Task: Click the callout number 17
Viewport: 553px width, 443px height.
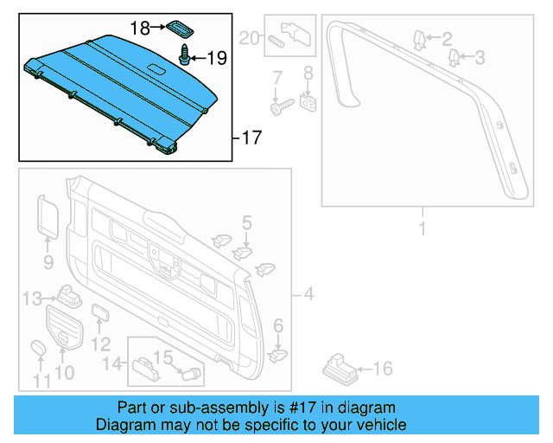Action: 251,137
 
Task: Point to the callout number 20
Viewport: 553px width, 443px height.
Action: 249,37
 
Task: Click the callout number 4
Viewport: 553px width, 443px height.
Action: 308,296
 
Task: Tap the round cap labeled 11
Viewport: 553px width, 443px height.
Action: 39,348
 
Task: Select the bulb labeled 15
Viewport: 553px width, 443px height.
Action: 193,373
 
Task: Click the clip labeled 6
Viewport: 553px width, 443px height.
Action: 278,353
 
